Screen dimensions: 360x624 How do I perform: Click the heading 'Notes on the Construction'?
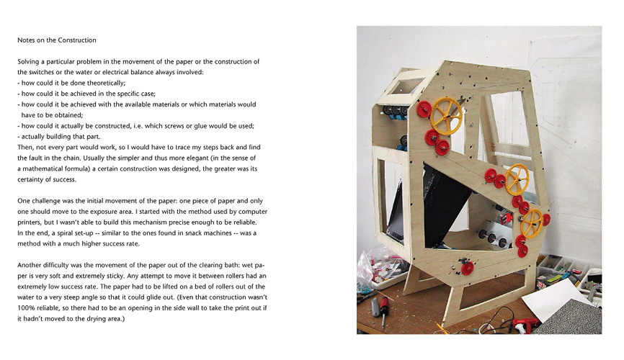(57, 40)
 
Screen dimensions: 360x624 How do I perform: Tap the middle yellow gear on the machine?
(516, 179)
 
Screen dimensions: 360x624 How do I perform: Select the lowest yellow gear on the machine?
(532, 222)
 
